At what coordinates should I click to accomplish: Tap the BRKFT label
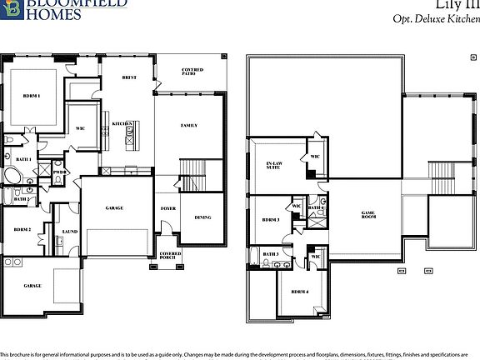[x=129, y=77]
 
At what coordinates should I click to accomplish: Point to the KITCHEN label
[x=123, y=124]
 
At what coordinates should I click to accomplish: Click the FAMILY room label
[x=189, y=125]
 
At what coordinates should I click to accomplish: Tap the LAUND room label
[x=70, y=233]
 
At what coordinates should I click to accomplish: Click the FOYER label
[x=168, y=208]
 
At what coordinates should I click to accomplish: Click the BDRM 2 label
[x=22, y=229]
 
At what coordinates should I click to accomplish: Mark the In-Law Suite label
[x=272, y=165]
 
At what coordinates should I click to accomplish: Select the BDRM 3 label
[x=270, y=220]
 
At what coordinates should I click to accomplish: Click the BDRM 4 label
[x=300, y=292]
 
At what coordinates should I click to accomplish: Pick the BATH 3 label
[x=271, y=254]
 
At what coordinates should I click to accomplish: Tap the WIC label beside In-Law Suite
[x=315, y=156]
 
